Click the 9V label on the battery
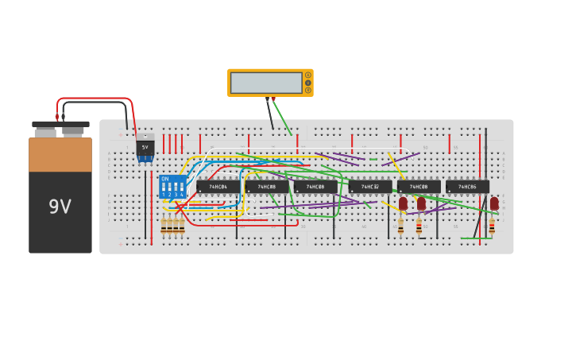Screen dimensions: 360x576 coord(60,207)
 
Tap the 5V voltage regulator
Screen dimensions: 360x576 coord(145,148)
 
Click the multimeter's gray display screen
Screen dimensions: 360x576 coord(266,83)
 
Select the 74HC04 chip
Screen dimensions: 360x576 coord(218,187)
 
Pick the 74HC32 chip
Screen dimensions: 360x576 coord(370,187)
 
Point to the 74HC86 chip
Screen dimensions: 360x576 coord(467,187)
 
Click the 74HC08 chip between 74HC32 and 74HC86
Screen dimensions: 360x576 coord(419,187)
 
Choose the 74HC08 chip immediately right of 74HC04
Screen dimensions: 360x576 coord(267,187)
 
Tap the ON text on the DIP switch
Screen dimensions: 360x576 coord(165,179)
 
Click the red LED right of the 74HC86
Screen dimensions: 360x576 coord(494,203)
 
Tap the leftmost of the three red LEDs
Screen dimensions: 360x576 coord(403,203)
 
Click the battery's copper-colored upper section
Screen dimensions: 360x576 coord(60,155)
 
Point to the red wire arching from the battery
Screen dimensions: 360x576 coord(95,99)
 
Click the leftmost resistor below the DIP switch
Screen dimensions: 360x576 coord(164,226)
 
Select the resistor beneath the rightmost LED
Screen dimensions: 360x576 coord(492,226)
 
